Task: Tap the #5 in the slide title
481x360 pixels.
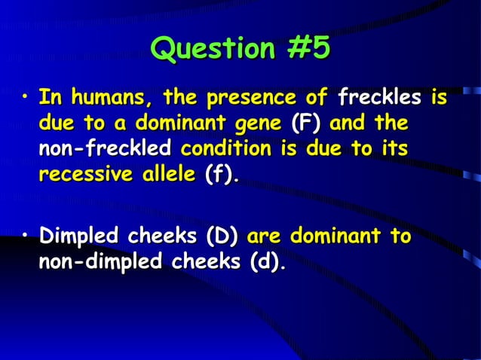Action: click(x=308, y=49)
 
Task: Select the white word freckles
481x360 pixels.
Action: click(x=380, y=98)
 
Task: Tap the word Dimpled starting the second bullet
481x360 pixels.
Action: click(x=79, y=236)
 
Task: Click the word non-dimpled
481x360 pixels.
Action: click(x=100, y=262)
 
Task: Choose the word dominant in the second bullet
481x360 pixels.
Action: click(x=335, y=236)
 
